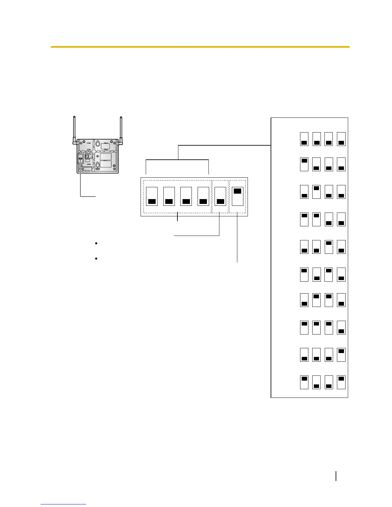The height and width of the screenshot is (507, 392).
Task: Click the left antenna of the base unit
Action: (74, 128)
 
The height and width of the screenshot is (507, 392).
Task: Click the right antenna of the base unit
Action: (121, 128)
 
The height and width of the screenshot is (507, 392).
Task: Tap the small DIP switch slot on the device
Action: (80, 158)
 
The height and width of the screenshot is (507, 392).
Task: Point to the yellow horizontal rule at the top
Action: (200, 47)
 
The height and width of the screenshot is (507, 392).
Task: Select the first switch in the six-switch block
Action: (152, 196)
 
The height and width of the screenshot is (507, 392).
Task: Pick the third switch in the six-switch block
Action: (186, 196)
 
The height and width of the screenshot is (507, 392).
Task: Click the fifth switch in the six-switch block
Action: (220, 196)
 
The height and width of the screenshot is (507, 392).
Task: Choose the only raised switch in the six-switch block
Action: (237, 196)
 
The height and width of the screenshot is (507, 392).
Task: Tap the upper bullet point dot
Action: (96, 244)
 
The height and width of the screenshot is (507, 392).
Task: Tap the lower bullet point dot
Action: (96, 258)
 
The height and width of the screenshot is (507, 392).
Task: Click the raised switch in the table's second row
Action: (304, 164)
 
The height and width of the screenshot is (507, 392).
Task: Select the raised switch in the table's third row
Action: (316, 191)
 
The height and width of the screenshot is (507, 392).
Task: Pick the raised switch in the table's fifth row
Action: (329, 246)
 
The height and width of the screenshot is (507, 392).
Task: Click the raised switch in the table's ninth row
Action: (341, 355)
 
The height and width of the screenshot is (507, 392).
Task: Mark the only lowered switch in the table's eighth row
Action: (341, 327)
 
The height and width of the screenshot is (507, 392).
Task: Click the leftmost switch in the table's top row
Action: (304, 139)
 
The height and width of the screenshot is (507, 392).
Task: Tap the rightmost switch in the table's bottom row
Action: (341, 382)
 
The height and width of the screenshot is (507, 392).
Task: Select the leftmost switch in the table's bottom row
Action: (304, 382)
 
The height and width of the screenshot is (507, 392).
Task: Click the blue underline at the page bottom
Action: (64, 504)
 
